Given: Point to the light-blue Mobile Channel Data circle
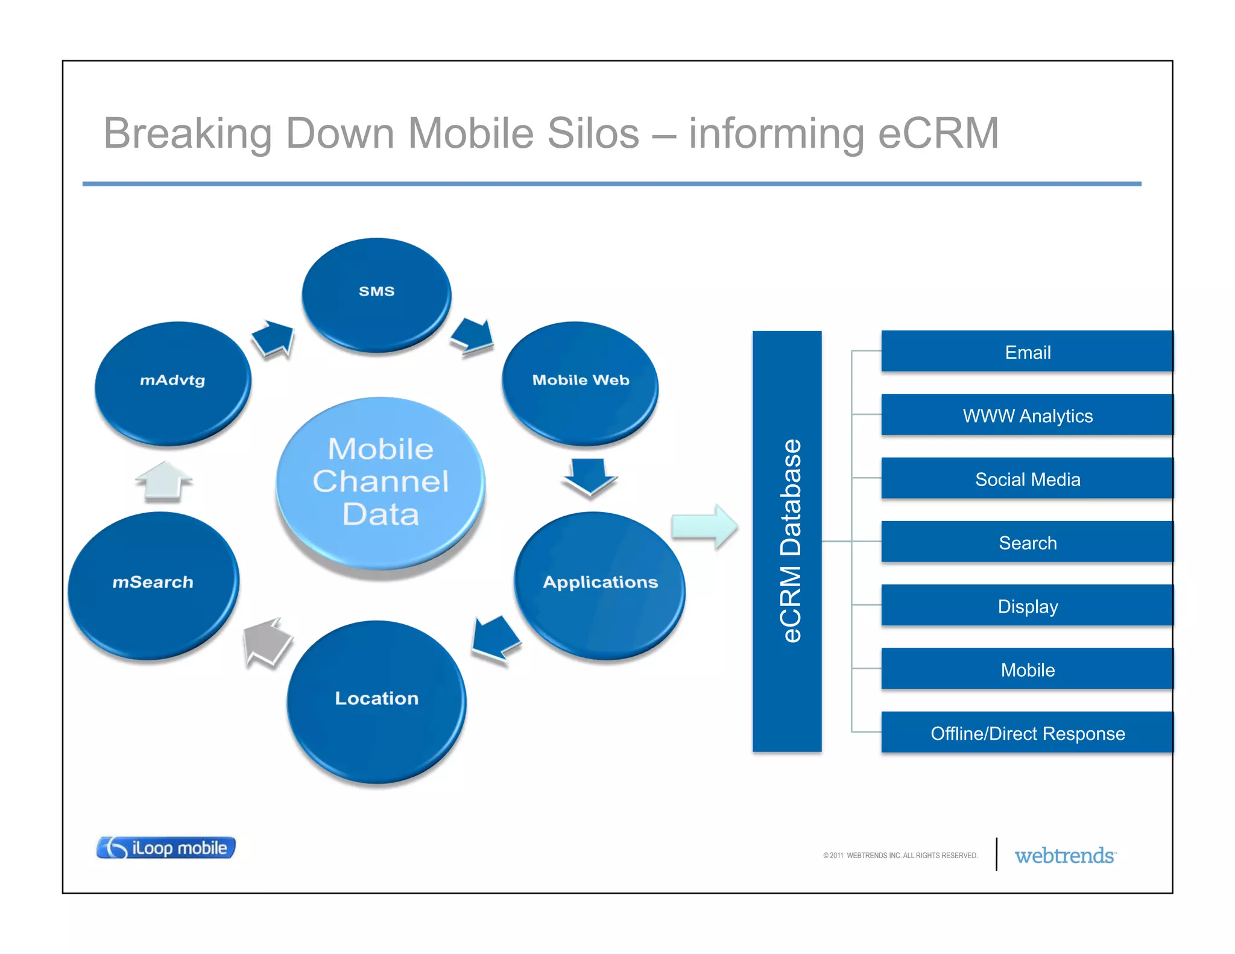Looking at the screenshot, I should [x=381, y=482].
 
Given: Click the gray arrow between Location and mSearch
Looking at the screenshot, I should [x=266, y=642].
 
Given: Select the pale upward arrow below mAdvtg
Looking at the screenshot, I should [x=163, y=481].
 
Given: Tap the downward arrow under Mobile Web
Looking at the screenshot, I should [x=589, y=476].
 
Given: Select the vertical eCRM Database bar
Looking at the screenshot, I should [x=787, y=541].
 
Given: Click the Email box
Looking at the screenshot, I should [x=1027, y=352].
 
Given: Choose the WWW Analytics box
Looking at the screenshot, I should [x=1027, y=415].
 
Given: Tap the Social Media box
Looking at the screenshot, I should [x=1027, y=479].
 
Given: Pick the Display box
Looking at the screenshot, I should [x=1027, y=605].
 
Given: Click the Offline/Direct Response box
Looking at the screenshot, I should [x=1027, y=733].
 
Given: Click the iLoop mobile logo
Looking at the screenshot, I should [x=166, y=847].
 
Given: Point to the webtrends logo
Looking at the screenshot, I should [x=1065, y=855].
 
